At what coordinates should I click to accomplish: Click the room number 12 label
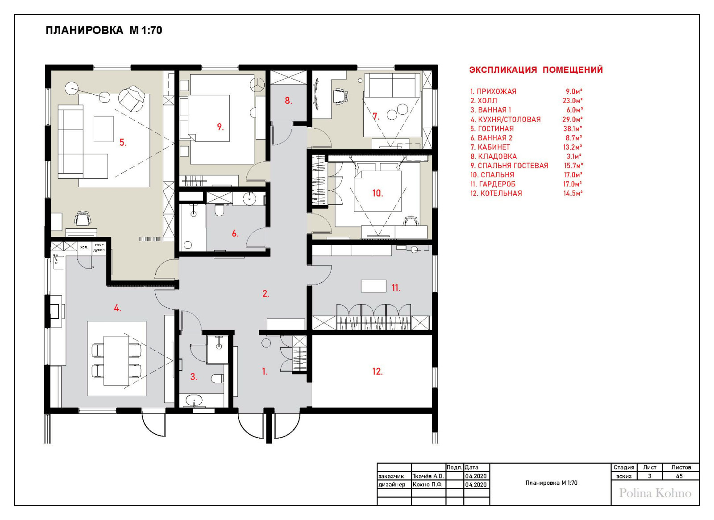[378, 371]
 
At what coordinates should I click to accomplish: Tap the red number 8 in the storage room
[288, 101]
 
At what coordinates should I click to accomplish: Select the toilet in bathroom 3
[217, 379]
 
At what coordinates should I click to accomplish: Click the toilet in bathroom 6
[219, 210]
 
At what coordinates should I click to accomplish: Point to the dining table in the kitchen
[116, 361]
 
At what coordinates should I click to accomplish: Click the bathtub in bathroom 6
[193, 227]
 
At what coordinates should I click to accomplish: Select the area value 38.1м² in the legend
[573, 129]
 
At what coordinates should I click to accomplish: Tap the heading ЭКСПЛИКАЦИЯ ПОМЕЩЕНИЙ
[536, 70]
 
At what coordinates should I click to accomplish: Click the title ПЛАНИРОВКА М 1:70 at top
[104, 30]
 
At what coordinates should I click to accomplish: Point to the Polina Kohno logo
[655, 493]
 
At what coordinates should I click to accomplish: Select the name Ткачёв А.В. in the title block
[428, 476]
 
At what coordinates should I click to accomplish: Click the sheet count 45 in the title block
[679, 476]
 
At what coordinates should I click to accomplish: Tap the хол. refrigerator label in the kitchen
[84, 247]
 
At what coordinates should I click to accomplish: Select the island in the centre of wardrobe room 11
[374, 286]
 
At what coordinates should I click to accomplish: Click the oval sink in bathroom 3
[194, 400]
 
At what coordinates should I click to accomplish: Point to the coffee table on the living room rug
[104, 129]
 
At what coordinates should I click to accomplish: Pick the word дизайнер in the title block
[392, 485]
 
